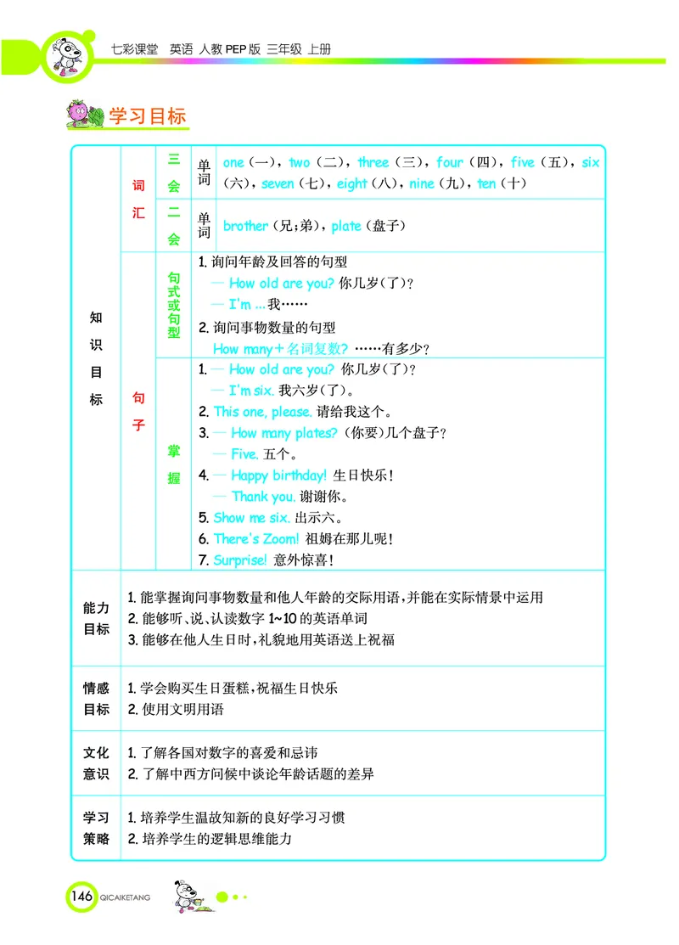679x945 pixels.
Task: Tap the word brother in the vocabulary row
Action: click(x=244, y=226)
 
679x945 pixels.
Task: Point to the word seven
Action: click(x=278, y=183)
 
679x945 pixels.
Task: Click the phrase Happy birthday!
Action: click(x=278, y=475)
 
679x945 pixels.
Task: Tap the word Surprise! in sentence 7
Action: click(x=240, y=560)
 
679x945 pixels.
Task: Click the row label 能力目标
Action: click(x=96, y=619)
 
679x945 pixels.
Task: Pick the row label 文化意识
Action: click(x=96, y=763)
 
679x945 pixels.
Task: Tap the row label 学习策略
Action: click(x=96, y=828)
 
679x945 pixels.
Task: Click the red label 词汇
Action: click(x=138, y=199)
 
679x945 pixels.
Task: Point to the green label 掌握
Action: click(x=173, y=465)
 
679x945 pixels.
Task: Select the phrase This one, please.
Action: click(x=262, y=412)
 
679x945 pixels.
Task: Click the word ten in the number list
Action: click(x=486, y=183)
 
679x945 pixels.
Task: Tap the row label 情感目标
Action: click(x=96, y=699)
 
